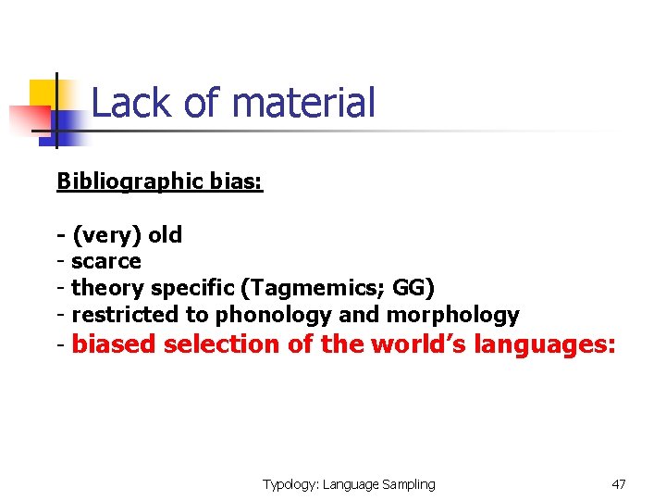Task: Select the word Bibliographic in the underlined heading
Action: coord(129,181)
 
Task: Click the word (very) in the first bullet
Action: coord(106,235)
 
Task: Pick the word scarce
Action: coord(106,261)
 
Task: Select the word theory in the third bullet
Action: coord(105,288)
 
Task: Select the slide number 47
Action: coord(619,484)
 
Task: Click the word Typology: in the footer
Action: coord(290,484)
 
